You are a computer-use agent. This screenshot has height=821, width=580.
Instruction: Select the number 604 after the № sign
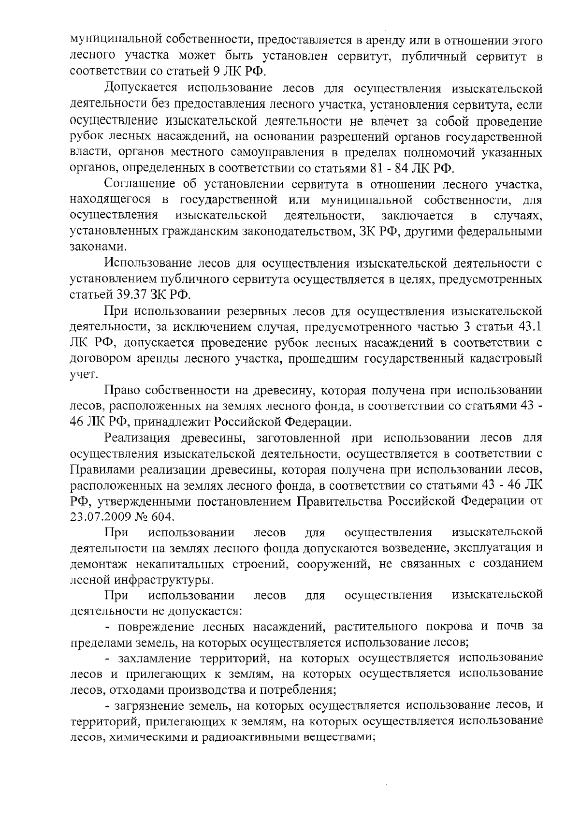161,516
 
